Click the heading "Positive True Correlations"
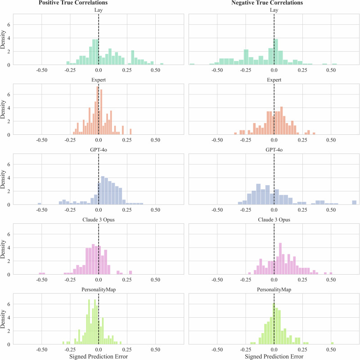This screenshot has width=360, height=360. (73, 3)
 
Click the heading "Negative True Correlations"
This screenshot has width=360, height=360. (267, 3)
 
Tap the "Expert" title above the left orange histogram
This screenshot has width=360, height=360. (99, 80)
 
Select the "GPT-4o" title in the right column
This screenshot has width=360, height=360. (274, 150)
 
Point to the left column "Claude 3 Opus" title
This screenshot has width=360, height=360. (99, 220)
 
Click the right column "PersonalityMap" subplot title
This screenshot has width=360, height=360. (274, 289)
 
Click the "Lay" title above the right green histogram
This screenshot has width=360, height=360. (274, 10)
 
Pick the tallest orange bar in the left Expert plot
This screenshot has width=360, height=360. (98, 111)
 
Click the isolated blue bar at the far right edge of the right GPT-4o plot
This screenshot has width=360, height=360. (354, 203)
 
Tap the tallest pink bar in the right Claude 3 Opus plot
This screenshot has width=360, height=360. (280, 258)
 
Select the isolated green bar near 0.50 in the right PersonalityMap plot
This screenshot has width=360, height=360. (332, 343)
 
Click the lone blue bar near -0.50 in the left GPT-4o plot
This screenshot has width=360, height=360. (39, 204)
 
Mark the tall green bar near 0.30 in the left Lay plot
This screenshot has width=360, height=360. (133, 58)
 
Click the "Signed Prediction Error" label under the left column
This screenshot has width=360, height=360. (99, 356)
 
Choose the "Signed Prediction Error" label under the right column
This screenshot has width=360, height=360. (274, 356)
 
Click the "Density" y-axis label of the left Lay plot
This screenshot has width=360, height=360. (3, 40)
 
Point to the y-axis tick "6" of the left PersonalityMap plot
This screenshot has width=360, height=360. (9, 304)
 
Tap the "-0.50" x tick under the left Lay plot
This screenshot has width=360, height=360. (41, 70)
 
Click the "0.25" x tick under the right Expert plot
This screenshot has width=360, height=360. (302, 140)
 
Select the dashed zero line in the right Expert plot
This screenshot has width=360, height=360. (274, 109)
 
